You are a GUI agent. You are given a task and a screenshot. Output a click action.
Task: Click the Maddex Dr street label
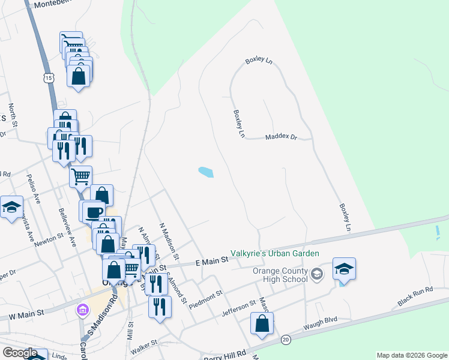tap(282, 137)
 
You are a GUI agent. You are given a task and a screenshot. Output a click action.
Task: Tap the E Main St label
tap(212, 261)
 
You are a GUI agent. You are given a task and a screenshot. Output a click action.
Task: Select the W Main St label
tap(26, 313)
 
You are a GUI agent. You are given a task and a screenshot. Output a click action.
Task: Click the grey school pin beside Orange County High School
tap(318, 274)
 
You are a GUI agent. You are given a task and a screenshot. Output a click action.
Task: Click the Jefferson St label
tap(238, 307)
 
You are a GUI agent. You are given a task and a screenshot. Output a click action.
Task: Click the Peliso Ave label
tap(33, 188)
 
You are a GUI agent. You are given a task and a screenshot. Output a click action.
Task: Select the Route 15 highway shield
tap(49, 77)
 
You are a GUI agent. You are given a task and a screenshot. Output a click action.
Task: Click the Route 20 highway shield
tap(286, 339)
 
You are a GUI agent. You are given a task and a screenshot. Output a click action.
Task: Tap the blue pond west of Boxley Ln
tap(205, 172)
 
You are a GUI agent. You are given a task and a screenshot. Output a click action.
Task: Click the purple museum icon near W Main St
tap(82, 310)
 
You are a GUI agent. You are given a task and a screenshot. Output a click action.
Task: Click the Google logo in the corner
tap(20, 353)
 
